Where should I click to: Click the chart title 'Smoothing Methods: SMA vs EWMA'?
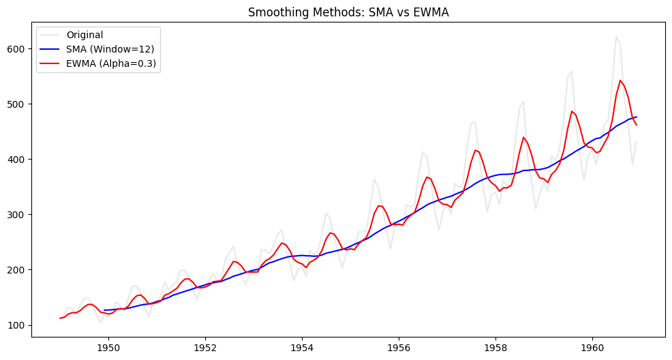tap(348, 12)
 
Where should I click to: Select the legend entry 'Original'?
tap(85, 35)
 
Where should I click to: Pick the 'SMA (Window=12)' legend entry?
tap(108, 49)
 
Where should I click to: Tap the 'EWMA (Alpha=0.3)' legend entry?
tap(112, 63)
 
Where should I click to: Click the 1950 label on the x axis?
tap(108, 346)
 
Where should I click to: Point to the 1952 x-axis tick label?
tap(205, 346)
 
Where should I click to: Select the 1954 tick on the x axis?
tap(302, 346)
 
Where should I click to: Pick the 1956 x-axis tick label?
tap(399, 346)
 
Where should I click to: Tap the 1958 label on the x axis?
tap(495, 346)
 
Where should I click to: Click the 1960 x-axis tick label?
tap(592, 346)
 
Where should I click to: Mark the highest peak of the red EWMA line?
tap(620, 80)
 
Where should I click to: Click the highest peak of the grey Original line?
tap(616, 37)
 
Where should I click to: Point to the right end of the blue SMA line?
tap(637, 117)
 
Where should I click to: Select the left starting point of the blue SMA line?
tap(104, 310)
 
